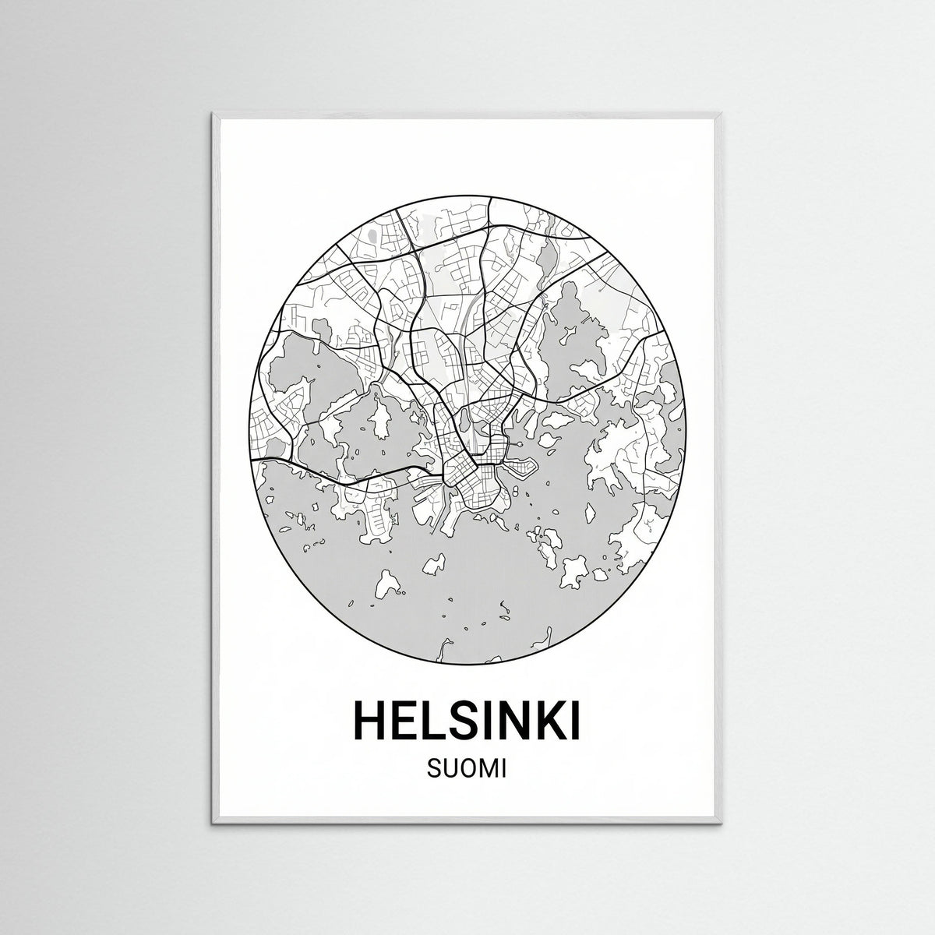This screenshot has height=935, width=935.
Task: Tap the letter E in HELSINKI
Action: [x=410, y=720]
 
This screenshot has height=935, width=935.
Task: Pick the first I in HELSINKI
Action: [x=496, y=720]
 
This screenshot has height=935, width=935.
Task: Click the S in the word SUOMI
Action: [x=433, y=770]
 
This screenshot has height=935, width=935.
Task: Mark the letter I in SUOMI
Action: [x=504, y=770]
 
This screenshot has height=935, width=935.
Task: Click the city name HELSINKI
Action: [x=467, y=720]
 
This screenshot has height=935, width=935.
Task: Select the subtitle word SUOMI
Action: [x=467, y=770]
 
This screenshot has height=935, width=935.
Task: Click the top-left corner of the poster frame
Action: [x=212, y=114]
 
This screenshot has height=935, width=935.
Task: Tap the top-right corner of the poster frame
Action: [x=722, y=114]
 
